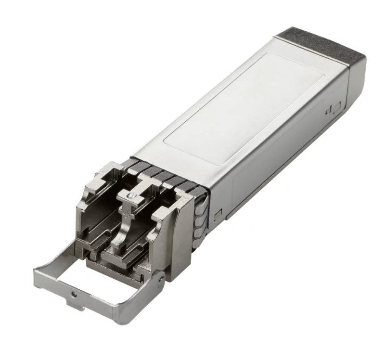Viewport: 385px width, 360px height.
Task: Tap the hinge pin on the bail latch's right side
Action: coord(159,277)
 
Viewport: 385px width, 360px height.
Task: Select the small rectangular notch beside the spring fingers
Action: coord(218,212)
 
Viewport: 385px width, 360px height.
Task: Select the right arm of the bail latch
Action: coord(140,294)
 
